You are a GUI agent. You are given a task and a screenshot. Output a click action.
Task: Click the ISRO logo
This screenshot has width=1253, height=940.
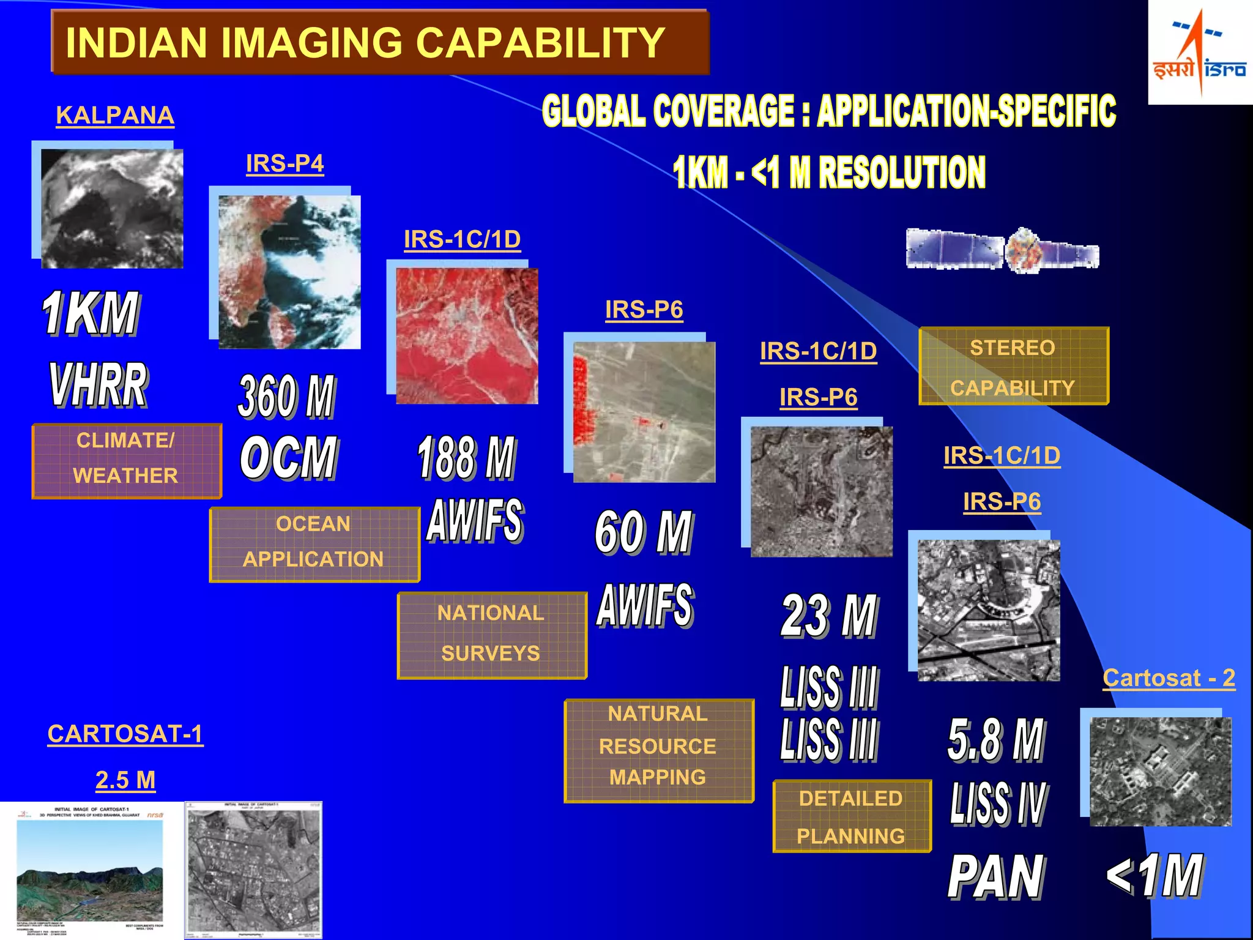1199,53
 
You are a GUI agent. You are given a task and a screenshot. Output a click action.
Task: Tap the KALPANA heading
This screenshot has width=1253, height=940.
115,115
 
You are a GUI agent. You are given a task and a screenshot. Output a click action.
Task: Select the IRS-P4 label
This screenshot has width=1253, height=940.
284,163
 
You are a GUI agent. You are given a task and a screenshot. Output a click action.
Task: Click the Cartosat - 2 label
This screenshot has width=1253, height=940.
1169,678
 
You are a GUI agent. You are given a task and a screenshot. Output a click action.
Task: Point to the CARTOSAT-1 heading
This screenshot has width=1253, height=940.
125,734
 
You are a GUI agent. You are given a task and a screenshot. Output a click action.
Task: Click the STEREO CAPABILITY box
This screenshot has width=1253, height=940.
1013,367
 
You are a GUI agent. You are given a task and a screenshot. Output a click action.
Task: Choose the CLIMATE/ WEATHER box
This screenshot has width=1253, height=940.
126,460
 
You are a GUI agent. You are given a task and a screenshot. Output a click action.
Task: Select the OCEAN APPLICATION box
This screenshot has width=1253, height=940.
314,543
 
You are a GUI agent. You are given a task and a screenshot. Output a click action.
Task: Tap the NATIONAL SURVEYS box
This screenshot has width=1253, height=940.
491,635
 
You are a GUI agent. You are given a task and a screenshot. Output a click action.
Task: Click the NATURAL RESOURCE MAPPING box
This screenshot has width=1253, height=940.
658,750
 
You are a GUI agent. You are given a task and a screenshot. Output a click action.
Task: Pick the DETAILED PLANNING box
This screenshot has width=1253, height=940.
851,816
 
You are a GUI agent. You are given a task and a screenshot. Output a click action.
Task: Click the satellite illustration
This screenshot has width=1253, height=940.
1002,250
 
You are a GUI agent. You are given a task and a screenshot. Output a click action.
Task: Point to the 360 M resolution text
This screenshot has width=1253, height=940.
287,396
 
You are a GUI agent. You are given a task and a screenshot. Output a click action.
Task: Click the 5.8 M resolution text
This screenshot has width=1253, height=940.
997,739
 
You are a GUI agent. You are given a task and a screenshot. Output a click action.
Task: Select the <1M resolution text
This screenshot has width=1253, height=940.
1154,875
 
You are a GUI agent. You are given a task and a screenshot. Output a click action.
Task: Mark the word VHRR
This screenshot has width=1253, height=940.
98,384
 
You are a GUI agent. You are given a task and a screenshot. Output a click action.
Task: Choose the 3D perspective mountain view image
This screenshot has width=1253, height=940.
91,869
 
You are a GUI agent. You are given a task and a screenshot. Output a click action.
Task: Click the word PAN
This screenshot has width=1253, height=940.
996,877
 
